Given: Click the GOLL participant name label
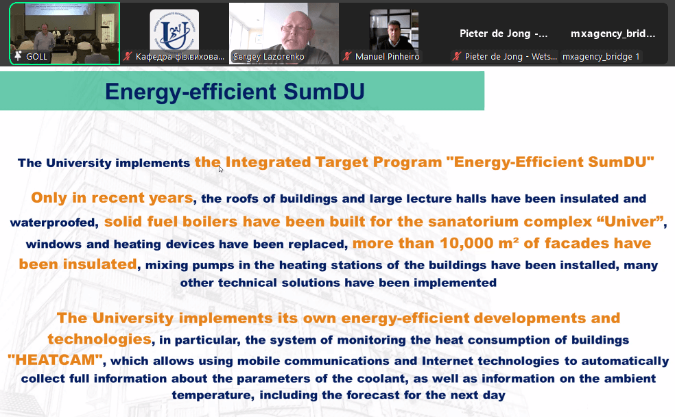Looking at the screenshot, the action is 36,56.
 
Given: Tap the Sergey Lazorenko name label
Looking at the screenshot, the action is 269,56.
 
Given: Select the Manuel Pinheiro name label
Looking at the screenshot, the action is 387,56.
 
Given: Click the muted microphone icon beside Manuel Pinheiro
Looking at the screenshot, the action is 347,56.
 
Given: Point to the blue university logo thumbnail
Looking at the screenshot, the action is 174,31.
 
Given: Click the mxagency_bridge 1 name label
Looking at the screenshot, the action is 601,56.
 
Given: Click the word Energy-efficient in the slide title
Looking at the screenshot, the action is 191,92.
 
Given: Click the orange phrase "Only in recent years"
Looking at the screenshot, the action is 112,198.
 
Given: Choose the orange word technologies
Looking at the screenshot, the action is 99,339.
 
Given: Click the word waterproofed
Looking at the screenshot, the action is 54,223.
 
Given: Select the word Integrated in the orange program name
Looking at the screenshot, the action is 268,162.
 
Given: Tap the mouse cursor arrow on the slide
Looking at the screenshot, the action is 220,169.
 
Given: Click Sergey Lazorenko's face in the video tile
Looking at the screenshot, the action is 297,30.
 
